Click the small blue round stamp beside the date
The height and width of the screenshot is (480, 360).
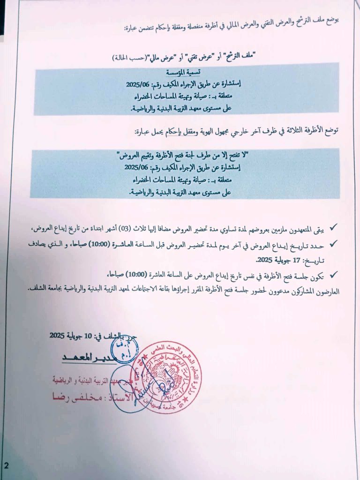[123, 347]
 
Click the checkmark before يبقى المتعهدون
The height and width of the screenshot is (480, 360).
[333, 228]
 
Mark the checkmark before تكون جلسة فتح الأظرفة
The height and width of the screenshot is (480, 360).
[333, 274]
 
